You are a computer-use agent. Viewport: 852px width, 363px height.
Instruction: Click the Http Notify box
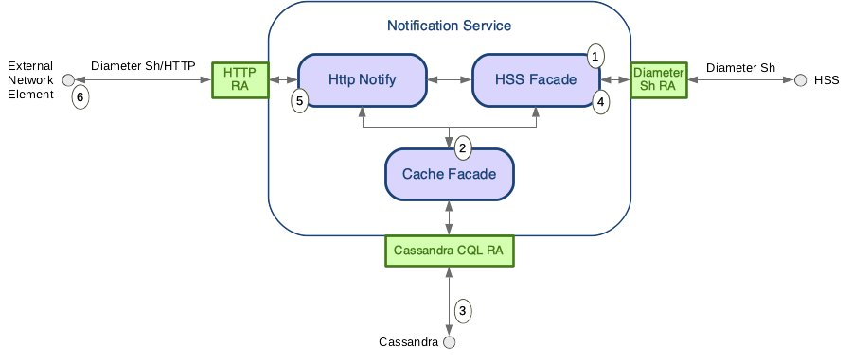point(361,79)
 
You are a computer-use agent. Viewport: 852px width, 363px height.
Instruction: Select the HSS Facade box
point(535,79)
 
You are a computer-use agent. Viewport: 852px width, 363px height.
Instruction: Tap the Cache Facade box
point(448,174)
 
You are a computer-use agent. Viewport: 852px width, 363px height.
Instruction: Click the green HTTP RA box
point(240,80)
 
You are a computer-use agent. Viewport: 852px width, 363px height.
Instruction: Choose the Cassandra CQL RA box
point(449,251)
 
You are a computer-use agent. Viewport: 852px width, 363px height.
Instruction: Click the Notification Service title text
point(449,26)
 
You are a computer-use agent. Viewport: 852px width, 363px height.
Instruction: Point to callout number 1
point(595,56)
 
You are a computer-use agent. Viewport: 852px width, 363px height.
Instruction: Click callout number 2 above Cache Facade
point(462,147)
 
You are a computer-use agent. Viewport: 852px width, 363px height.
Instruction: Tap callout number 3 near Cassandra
point(462,309)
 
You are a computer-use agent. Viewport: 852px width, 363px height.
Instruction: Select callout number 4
point(600,103)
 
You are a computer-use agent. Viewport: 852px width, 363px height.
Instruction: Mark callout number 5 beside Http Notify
point(300,100)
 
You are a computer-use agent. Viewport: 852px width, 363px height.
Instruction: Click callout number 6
point(80,96)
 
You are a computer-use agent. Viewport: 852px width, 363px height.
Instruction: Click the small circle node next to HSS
point(800,80)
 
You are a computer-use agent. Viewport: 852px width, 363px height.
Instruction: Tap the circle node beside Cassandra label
point(449,342)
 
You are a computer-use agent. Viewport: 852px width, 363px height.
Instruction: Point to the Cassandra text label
point(408,342)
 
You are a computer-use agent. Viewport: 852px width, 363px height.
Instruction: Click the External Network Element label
point(29,80)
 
